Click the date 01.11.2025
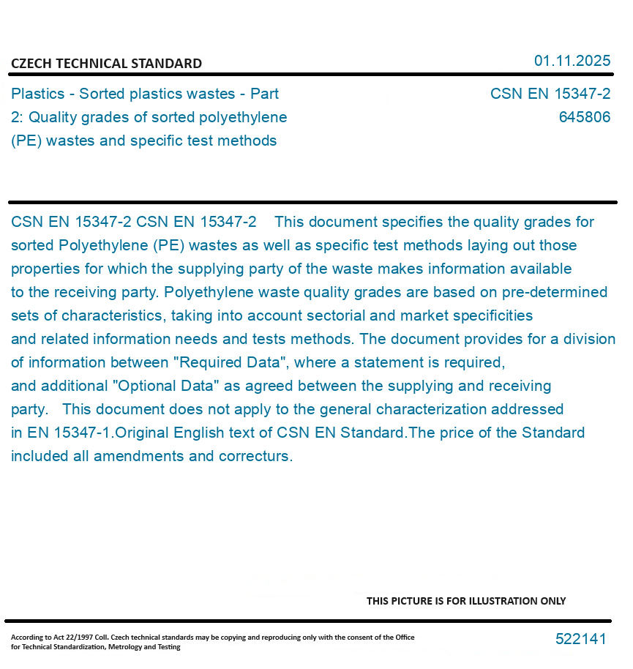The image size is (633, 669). pyautogui.click(x=572, y=61)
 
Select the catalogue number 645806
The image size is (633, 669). pyautogui.click(x=584, y=117)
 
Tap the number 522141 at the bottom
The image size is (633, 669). pyautogui.click(x=580, y=639)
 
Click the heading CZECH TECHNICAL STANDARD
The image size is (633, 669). pyautogui.click(x=106, y=64)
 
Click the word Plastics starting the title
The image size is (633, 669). pyautogui.click(x=37, y=94)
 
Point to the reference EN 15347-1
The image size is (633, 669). pyautogui.click(x=71, y=433)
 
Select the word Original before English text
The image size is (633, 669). pyautogui.click(x=142, y=433)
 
